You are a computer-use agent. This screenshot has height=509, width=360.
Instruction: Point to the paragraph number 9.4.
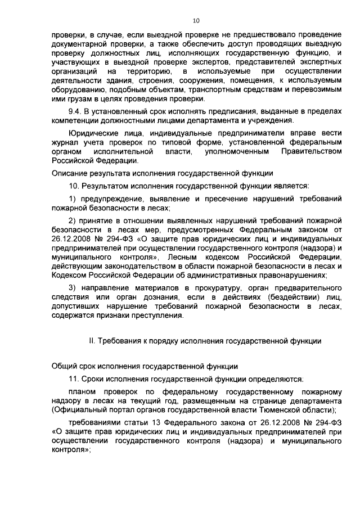click(x=74, y=111)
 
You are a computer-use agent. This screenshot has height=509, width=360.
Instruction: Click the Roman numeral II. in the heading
click(x=93, y=341)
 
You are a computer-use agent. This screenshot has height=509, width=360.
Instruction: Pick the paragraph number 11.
click(x=74, y=379)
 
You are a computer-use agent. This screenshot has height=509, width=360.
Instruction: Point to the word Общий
click(x=63, y=366)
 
